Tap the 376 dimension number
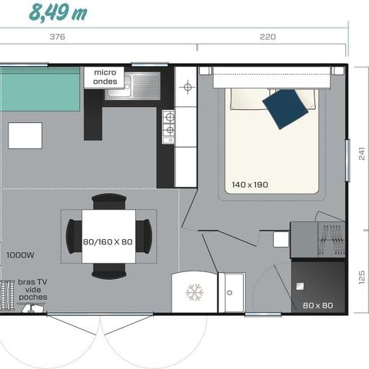click(57, 37)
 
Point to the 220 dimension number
click(268, 37)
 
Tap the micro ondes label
click(105, 76)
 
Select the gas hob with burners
click(168, 126)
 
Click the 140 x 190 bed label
click(251, 184)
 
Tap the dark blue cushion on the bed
click(284, 108)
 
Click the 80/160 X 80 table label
click(108, 242)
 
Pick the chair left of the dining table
click(73, 236)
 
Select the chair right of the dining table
click(145, 236)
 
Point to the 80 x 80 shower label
click(317, 306)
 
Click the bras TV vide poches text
click(33, 290)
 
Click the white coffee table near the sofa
click(25, 135)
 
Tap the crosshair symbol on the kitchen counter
click(186, 87)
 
